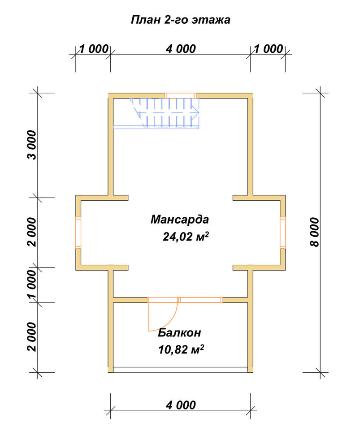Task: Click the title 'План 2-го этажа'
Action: [x=180, y=20]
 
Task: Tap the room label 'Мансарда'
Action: [x=180, y=220]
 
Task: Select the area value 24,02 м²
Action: [x=186, y=237]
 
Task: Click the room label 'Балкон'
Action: [x=179, y=332]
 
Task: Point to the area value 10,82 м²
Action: [x=181, y=349]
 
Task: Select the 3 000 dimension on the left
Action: [x=32, y=145]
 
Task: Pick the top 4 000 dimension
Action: [x=181, y=49]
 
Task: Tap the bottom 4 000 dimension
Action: [x=181, y=405]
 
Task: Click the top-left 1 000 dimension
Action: [x=94, y=49]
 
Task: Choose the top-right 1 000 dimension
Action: [x=268, y=49]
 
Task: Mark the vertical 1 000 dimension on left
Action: [x=32, y=285]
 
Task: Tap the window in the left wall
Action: [x=78, y=232]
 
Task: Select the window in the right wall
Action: [x=282, y=232]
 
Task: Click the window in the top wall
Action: [x=181, y=95]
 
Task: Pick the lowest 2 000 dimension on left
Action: [x=32, y=337]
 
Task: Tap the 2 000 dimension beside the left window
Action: [x=32, y=232]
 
